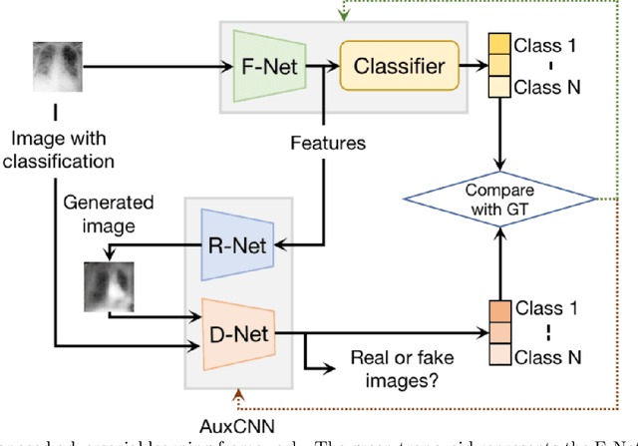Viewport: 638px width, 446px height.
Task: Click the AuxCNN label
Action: pyautogui.click(x=240, y=419)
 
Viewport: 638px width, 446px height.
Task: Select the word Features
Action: pyautogui.click(x=327, y=144)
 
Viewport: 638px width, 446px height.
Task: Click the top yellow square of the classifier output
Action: pyautogui.click(x=497, y=44)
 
